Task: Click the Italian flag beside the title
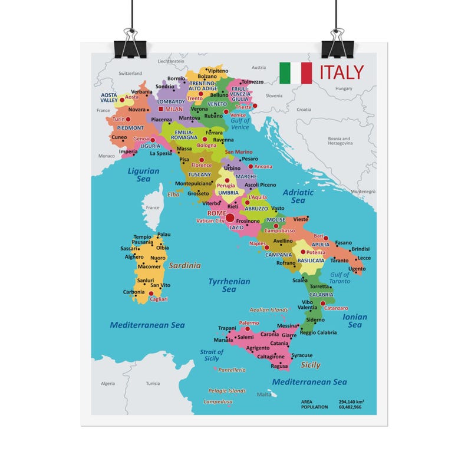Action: [x=295, y=72]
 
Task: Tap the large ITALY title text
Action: [x=342, y=72]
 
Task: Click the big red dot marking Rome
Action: [x=230, y=218]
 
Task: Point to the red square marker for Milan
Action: [x=161, y=109]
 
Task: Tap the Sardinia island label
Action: [x=184, y=265]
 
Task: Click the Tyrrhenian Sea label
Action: [x=229, y=285]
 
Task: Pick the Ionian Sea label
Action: [x=354, y=321]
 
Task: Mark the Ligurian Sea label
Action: [x=144, y=174]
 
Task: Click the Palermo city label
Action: [x=249, y=322]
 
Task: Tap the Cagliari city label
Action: [x=159, y=299]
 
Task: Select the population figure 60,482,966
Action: [x=350, y=407]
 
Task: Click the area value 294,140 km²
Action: [x=351, y=401]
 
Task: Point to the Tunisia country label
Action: [x=153, y=383]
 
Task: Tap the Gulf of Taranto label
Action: [x=340, y=278]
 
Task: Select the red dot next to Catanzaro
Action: [x=323, y=304]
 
